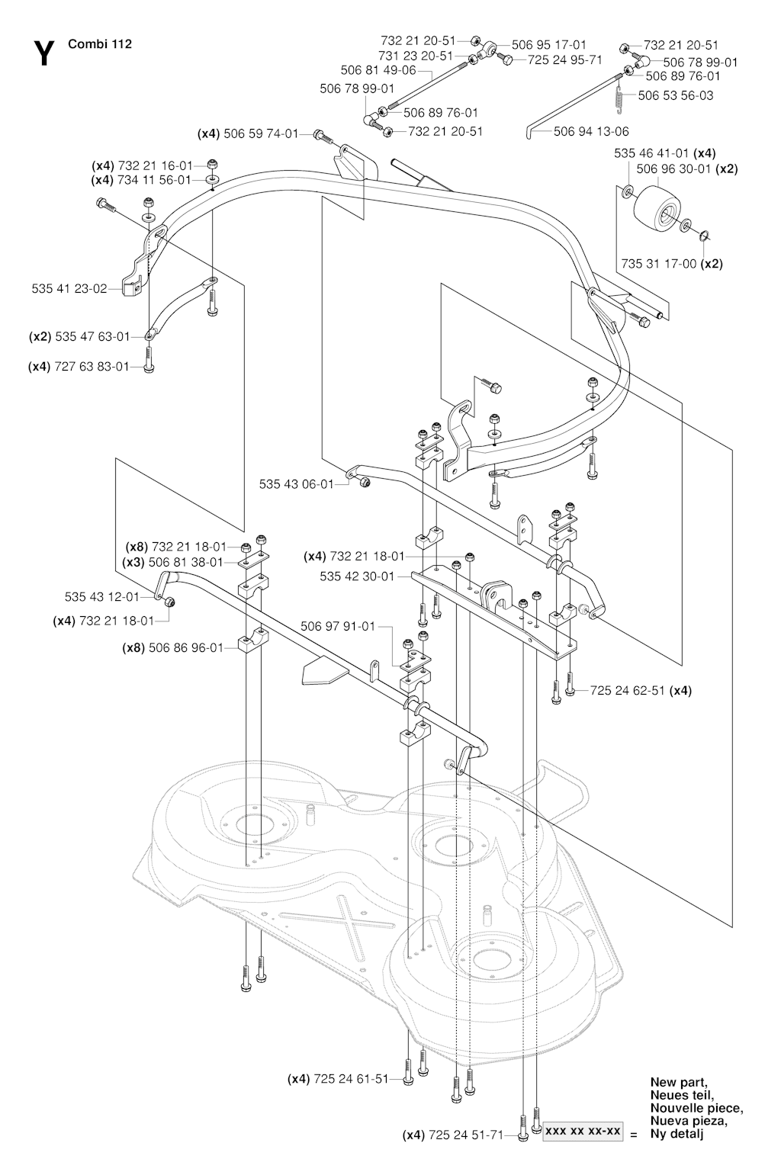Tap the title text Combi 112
coord(100,44)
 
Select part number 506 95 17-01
coord(549,45)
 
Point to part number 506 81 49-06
coord(378,70)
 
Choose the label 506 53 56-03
coord(676,95)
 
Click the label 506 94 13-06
coord(591,131)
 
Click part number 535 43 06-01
coord(297,484)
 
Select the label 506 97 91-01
coord(338,627)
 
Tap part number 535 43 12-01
coord(102,596)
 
